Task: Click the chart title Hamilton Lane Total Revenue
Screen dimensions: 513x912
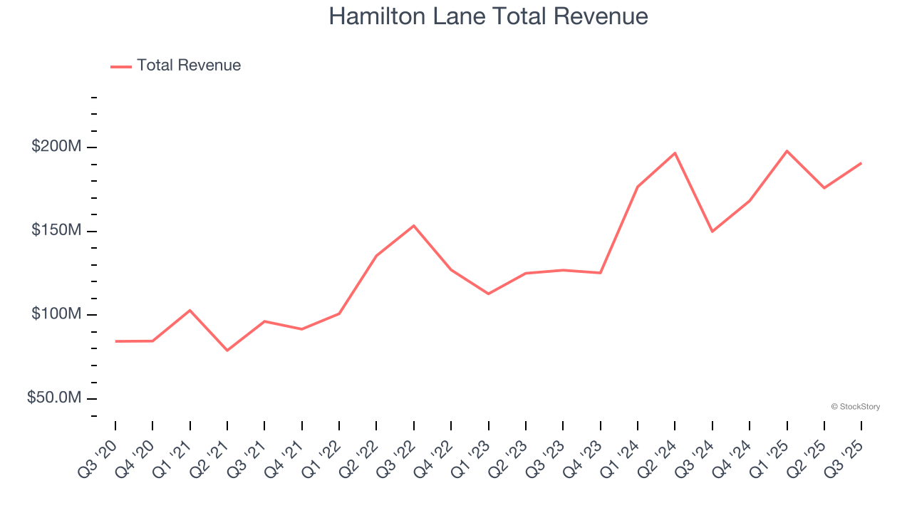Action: click(x=488, y=16)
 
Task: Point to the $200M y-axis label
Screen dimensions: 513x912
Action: click(x=56, y=147)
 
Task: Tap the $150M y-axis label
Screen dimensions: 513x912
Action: click(x=56, y=231)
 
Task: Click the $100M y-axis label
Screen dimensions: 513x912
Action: click(x=56, y=314)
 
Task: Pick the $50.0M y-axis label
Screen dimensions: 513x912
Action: click(x=54, y=398)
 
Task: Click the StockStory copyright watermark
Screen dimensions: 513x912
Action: click(x=855, y=407)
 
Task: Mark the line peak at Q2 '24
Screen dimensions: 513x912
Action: click(x=675, y=153)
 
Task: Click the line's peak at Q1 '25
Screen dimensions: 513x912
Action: click(x=787, y=151)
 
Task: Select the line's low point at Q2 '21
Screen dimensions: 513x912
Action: click(x=227, y=351)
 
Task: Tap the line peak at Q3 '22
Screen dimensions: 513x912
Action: click(x=414, y=226)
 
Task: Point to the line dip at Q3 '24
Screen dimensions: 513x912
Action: click(x=712, y=232)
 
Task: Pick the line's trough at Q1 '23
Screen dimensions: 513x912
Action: click(x=488, y=294)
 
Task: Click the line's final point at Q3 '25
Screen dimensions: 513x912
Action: click(x=861, y=163)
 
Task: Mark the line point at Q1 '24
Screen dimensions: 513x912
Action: click(x=637, y=187)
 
